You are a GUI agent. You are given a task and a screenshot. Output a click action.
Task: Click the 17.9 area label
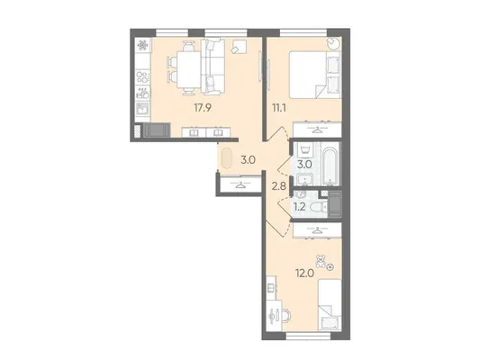pyautogui.click(x=203, y=108)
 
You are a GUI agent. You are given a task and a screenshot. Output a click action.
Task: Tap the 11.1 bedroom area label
pyautogui.click(x=278, y=108)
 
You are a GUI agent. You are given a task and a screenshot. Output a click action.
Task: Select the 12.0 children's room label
pyautogui.click(x=304, y=273)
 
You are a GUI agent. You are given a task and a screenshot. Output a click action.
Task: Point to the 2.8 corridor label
pyautogui.click(x=278, y=185)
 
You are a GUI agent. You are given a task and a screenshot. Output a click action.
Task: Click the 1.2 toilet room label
pyautogui.click(x=300, y=207)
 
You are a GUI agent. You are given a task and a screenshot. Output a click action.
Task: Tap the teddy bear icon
pyautogui.click(x=321, y=261)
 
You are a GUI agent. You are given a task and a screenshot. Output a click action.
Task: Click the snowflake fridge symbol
pyautogui.click(x=142, y=46)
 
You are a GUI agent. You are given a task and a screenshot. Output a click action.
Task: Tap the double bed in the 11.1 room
pyautogui.click(x=315, y=75)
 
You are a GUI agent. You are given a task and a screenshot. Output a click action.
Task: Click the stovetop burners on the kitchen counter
pyautogui.click(x=142, y=76)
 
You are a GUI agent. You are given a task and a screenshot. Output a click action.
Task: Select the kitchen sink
pyautogui.click(x=142, y=109)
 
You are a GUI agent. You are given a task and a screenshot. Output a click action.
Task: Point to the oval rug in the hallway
pyautogui.click(x=226, y=158)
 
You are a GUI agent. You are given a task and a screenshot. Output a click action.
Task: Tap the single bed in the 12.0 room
pyautogui.click(x=330, y=304)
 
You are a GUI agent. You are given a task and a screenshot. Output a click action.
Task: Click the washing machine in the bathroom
pyautogui.click(x=305, y=151)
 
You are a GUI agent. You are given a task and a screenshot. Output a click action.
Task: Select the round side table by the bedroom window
pyautogui.click(x=334, y=43)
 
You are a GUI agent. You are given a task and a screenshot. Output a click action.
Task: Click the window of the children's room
pyautogui.click(x=309, y=336)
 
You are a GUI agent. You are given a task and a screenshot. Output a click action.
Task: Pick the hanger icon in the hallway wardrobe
pyautogui.click(x=240, y=184)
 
